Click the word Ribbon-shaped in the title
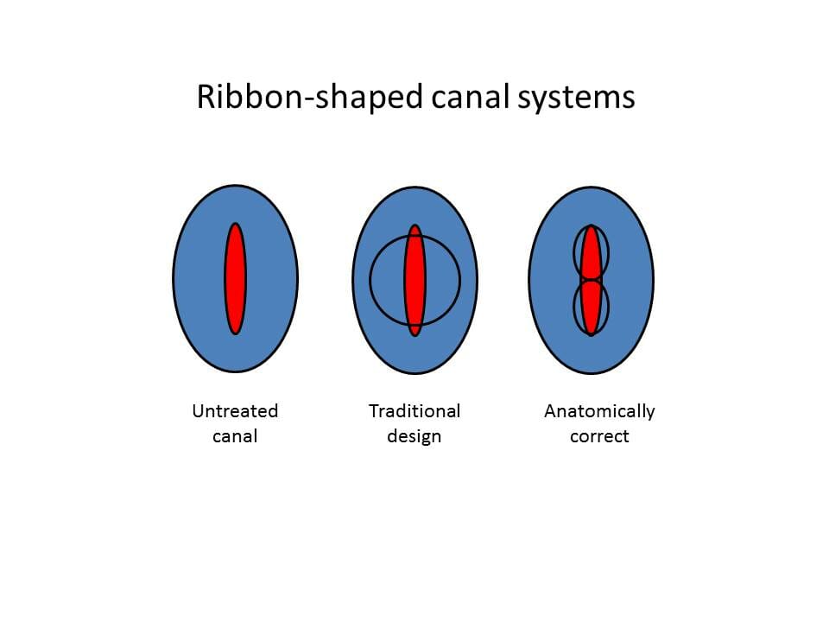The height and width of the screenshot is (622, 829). [x=310, y=98]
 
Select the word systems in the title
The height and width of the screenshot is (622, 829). [x=576, y=98]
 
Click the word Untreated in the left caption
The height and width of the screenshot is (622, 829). [x=235, y=411]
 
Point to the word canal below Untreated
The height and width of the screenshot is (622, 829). [x=235, y=436]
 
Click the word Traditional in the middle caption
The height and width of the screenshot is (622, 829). [x=414, y=411]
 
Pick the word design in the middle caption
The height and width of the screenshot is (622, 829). [x=414, y=437]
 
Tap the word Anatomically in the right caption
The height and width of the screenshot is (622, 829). [x=599, y=411]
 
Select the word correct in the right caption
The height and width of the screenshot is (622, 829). [x=599, y=437]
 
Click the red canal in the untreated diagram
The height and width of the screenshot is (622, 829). [x=235, y=279]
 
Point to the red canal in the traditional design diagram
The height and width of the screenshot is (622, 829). [x=415, y=280]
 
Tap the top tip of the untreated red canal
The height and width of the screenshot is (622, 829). [x=235, y=223]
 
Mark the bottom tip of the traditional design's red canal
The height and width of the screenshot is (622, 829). [x=415, y=336]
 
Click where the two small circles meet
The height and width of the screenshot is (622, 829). [x=591, y=280]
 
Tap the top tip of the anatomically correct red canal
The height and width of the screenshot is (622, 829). [x=591, y=225]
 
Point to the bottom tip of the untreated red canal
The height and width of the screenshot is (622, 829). [x=235, y=334]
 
